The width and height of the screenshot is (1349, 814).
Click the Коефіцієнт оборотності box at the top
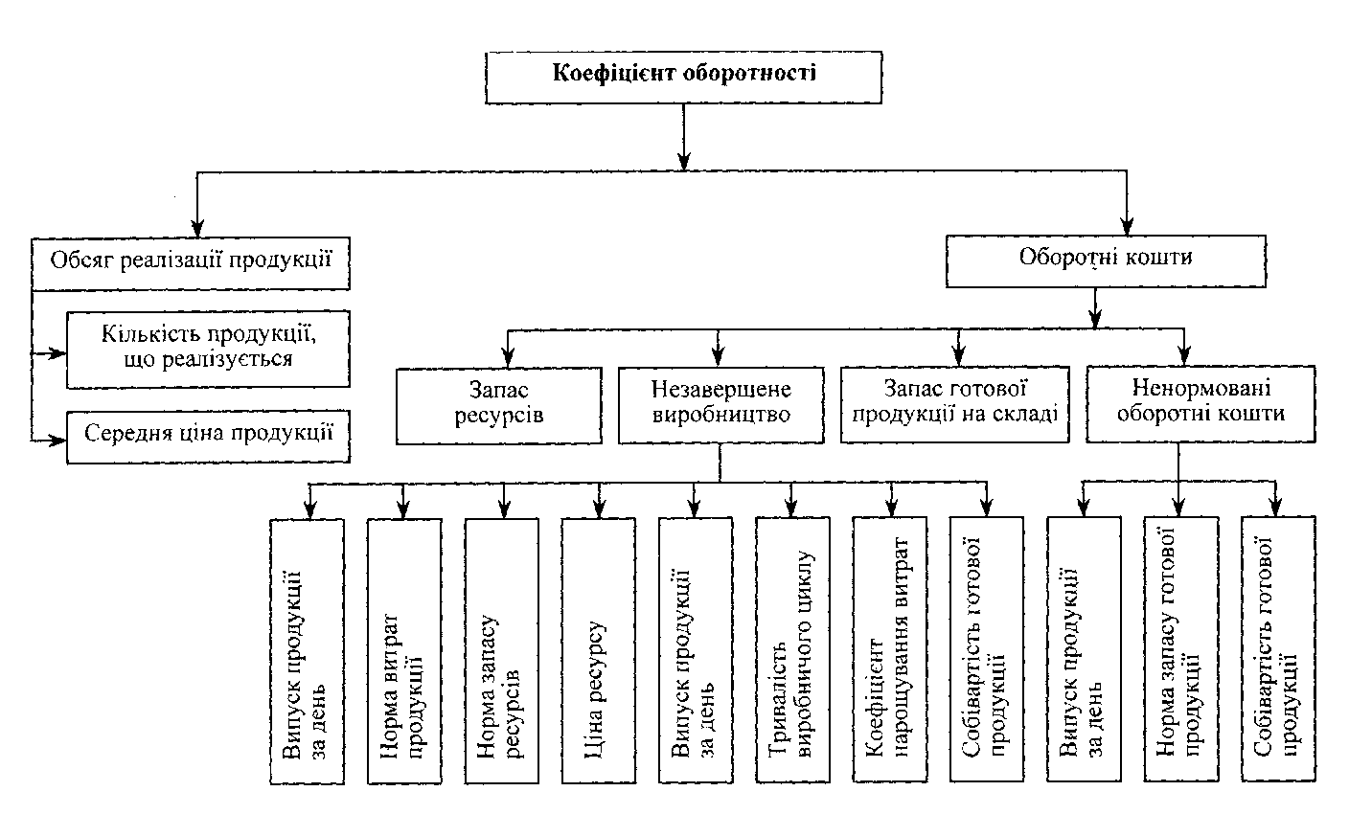click(684, 75)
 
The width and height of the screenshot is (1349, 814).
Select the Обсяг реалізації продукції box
click(191, 263)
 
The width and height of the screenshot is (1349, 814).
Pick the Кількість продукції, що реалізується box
click(208, 349)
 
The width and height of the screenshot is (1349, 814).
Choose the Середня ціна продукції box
click(208, 436)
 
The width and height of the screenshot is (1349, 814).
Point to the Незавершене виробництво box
click(720, 405)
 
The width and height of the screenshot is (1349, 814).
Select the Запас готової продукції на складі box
click(954, 405)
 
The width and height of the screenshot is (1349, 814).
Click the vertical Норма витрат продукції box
click(405, 651)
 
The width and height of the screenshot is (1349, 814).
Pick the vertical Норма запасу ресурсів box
click(502, 651)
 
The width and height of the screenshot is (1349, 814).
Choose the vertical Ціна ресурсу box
click(599, 651)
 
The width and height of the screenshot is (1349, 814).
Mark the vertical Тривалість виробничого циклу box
click(792, 651)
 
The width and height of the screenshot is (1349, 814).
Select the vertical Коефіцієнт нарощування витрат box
click(889, 651)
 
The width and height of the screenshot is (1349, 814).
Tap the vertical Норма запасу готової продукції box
click(1180, 651)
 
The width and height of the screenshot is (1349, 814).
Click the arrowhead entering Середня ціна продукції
click(59, 440)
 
